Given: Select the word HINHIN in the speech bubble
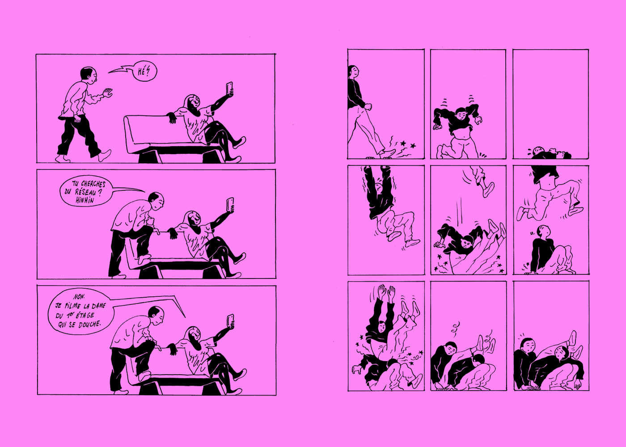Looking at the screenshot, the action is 85,200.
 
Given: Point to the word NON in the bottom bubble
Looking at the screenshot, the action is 79,297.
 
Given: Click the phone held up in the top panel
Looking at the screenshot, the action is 229,89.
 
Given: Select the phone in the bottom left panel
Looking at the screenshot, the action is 230,321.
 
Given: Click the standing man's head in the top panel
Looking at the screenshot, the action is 89,75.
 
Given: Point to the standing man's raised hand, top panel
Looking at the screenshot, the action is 107,93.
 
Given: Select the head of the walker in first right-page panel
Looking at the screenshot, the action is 353,72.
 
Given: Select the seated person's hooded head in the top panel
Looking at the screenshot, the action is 192,105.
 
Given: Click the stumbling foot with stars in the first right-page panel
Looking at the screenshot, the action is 388,153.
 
